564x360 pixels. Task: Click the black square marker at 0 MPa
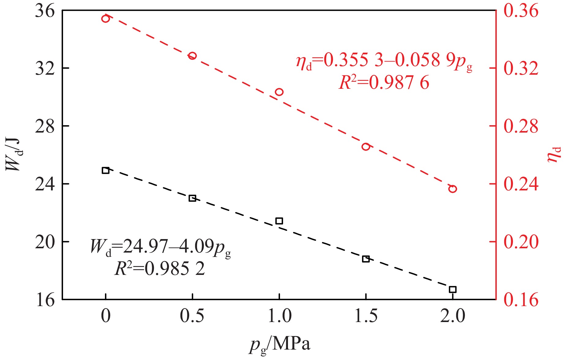(106, 170)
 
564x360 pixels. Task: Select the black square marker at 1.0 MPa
(279, 221)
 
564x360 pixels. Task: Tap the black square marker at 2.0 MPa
(453, 289)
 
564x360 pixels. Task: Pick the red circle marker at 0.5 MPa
(192, 56)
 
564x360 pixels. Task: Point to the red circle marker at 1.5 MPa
(366, 147)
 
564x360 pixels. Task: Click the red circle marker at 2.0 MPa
(453, 189)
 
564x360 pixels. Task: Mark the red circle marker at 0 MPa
(106, 19)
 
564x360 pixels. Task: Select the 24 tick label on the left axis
(45, 184)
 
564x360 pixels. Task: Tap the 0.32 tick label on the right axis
(521, 69)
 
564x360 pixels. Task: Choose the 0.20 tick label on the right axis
(521, 242)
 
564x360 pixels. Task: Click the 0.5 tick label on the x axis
(192, 316)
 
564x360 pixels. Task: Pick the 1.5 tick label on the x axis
(366, 316)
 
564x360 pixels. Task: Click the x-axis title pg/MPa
(279, 345)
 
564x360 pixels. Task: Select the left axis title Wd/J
(14, 154)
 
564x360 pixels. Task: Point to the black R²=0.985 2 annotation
(159, 269)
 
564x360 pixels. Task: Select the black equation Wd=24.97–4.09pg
(160, 247)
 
